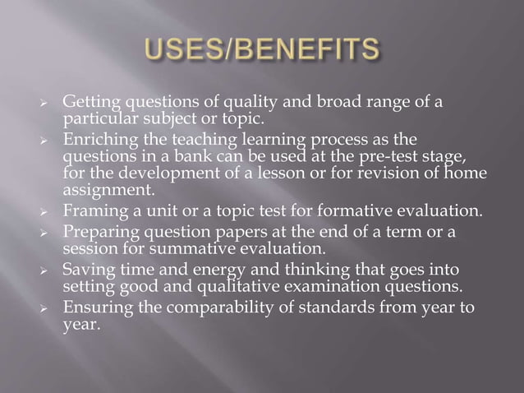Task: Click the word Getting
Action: pyautogui.click(x=91, y=102)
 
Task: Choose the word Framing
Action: pyautogui.click(x=92, y=211)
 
